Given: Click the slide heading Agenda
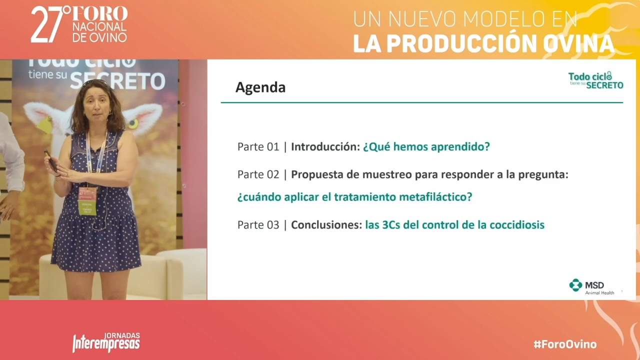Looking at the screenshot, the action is pyautogui.click(x=260, y=87).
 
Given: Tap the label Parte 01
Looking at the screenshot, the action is pyautogui.click(x=258, y=147).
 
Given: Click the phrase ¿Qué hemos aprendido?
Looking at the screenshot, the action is pyautogui.click(x=426, y=147).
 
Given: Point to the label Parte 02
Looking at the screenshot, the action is pyautogui.click(x=258, y=174).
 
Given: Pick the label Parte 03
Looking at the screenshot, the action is pyautogui.click(x=258, y=225).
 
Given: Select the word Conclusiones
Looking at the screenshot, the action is pyautogui.click(x=326, y=225).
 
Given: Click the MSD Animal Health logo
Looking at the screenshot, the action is pyautogui.click(x=591, y=286).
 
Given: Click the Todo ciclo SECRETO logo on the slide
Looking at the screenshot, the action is pyautogui.click(x=595, y=80).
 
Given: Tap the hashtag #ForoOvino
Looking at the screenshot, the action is pyautogui.click(x=565, y=344).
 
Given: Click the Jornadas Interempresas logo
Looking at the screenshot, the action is pyautogui.click(x=106, y=342).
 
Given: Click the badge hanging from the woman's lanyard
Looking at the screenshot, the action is pyautogui.click(x=87, y=201).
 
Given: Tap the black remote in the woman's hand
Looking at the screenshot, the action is pyautogui.click(x=51, y=161).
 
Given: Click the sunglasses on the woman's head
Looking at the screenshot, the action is pyautogui.click(x=95, y=82).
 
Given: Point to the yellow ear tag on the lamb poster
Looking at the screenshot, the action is pyautogui.click(x=45, y=125).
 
